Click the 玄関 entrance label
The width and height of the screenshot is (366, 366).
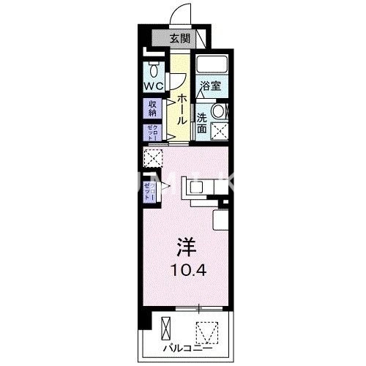pyautogui.click(x=181, y=40)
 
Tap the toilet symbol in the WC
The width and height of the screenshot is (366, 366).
pyautogui.click(x=154, y=70)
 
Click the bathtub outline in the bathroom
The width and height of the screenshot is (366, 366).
pyautogui.click(x=212, y=65)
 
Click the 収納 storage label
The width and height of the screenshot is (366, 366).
pyautogui.click(x=153, y=108)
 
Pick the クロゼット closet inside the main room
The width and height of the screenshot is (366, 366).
pyautogui.click(x=149, y=192)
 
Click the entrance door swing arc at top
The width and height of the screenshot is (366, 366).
pyautogui.click(x=176, y=15)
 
